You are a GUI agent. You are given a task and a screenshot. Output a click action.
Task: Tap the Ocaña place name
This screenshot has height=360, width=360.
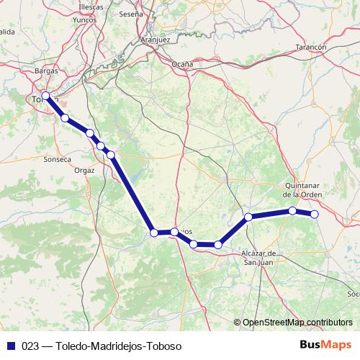(x=182, y=64)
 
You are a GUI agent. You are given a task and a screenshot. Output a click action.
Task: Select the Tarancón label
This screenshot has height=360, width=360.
(x=311, y=47)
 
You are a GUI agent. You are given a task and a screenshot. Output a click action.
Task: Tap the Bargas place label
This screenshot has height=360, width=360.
(x=46, y=71)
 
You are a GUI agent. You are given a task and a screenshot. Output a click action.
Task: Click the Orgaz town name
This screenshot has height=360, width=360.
(x=84, y=170)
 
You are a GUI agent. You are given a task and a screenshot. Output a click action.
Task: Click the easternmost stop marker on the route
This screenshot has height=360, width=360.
(x=314, y=214)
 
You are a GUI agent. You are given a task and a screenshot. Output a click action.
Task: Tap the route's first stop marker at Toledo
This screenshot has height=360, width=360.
(x=46, y=96)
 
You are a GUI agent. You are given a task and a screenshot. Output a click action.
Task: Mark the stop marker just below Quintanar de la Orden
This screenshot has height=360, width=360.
(x=292, y=211)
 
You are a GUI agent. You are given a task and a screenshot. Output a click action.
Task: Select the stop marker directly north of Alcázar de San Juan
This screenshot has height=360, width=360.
(x=248, y=217)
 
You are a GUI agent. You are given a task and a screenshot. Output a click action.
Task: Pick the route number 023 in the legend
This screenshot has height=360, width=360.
(x=30, y=346)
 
